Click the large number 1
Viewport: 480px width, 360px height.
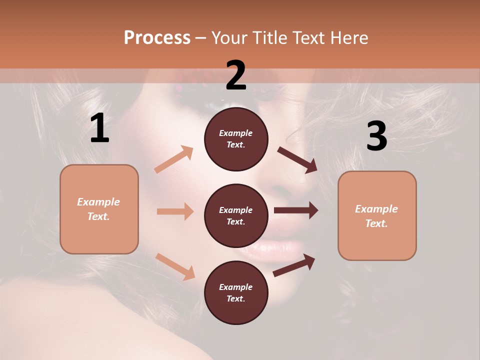click(x=99, y=128)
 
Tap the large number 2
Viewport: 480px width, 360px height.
click(x=236, y=75)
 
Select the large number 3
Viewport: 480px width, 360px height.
click(x=376, y=136)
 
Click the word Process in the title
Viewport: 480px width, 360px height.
click(x=157, y=37)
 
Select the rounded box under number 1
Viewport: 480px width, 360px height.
click(x=99, y=209)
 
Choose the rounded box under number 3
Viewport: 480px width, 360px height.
click(x=377, y=216)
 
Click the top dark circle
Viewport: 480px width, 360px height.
click(x=236, y=139)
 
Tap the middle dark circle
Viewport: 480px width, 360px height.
click(x=236, y=215)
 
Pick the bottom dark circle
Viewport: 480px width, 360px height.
click(x=236, y=292)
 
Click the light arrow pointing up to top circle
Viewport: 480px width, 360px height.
click(x=174, y=159)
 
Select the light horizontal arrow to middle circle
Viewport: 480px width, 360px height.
click(x=175, y=211)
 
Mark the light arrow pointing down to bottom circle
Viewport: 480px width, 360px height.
click(x=175, y=266)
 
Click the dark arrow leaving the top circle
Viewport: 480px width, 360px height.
click(x=297, y=160)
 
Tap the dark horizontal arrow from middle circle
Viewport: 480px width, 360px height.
click(x=295, y=210)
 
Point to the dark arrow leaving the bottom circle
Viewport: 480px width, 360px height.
click(x=294, y=265)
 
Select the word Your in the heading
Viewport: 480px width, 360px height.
click(x=228, y=37)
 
